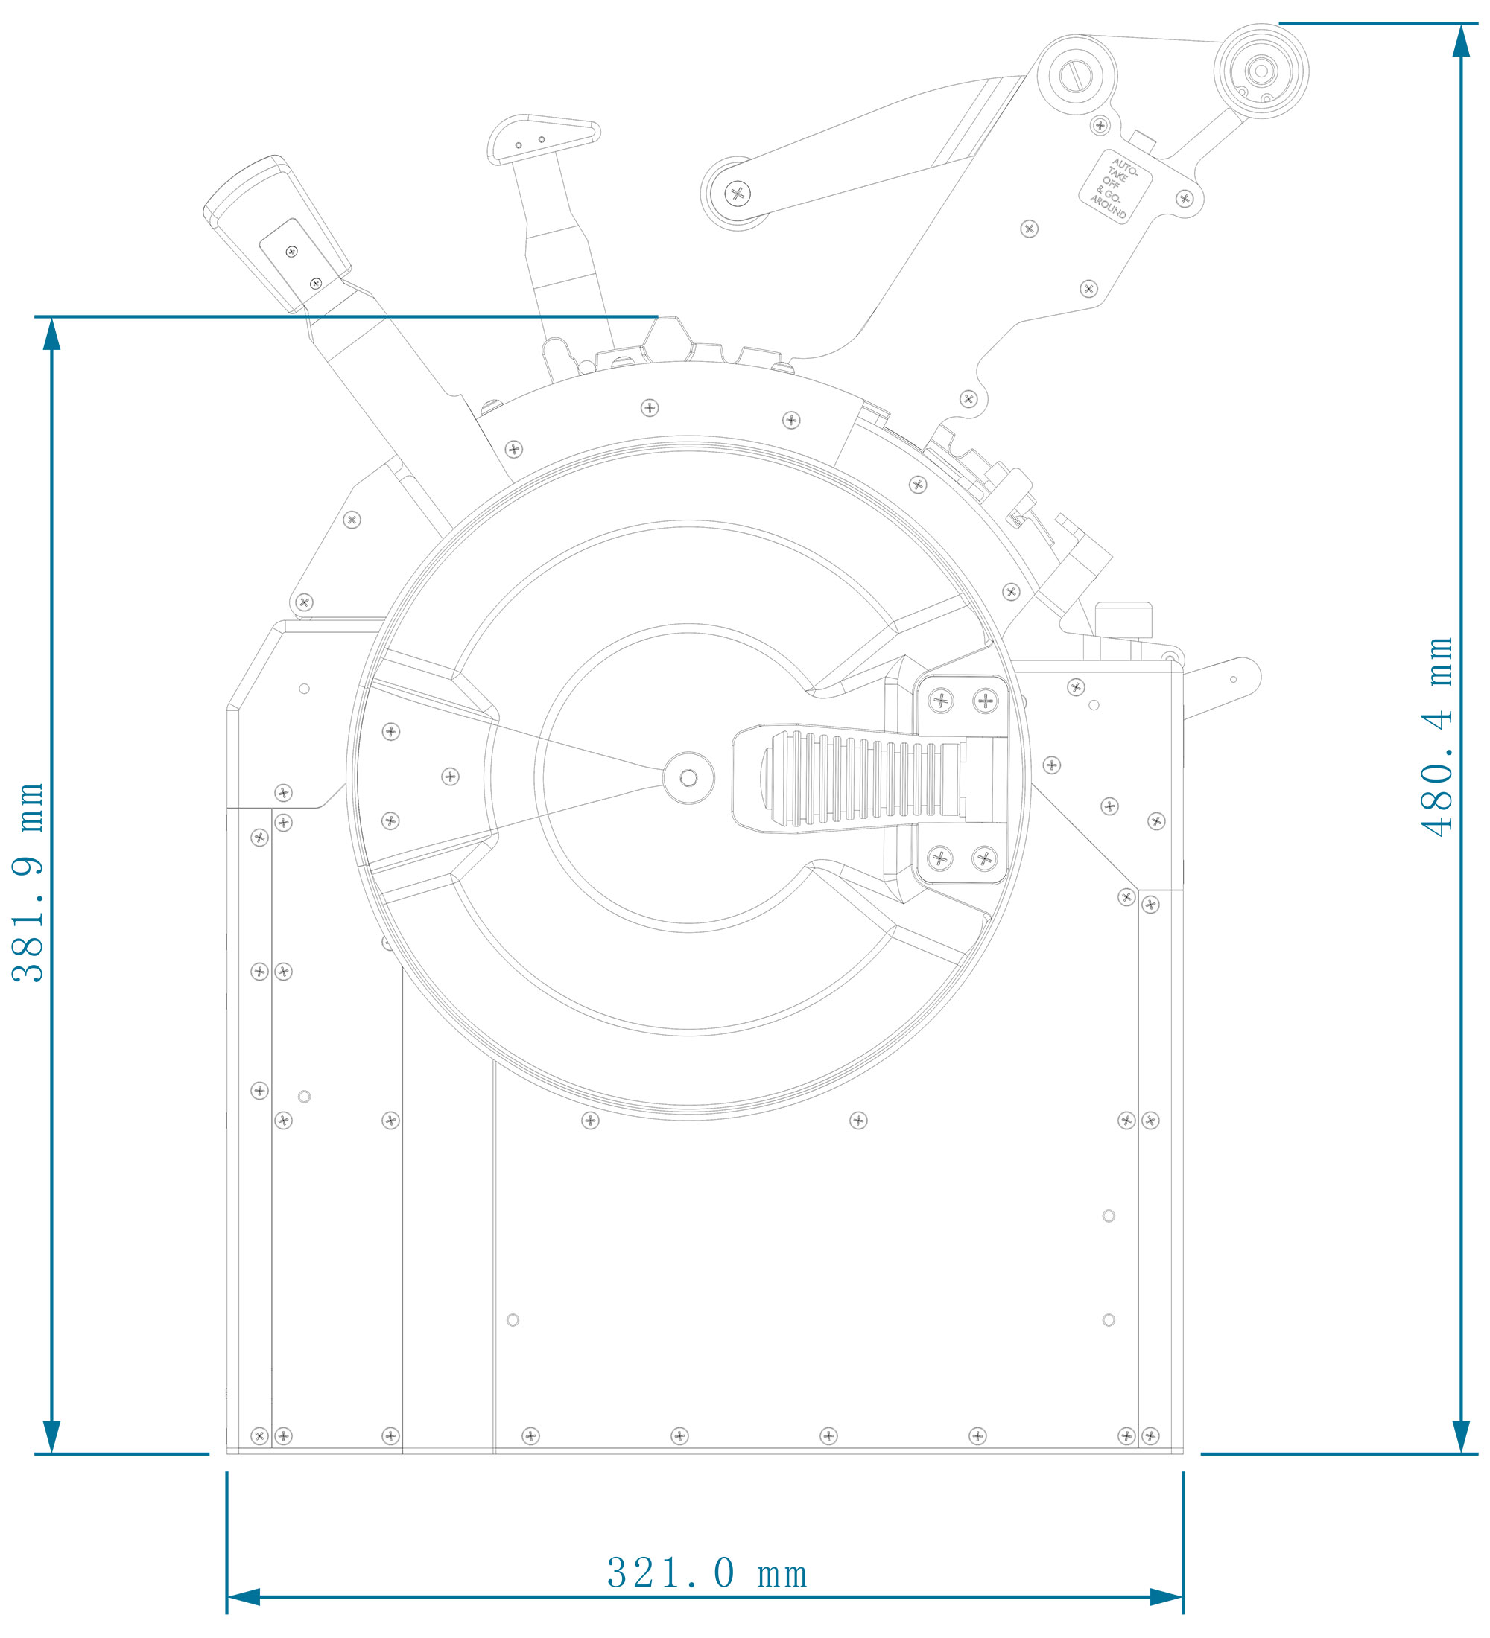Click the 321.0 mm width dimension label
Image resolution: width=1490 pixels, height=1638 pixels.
coord(706,1573)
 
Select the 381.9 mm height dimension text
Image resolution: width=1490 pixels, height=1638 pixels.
coord(29,882)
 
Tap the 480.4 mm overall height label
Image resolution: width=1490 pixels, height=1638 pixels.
coord(1437,736)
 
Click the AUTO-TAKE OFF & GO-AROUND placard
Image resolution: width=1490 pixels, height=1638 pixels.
coord(1115,187)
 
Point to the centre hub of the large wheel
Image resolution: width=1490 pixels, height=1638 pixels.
coord(688,778)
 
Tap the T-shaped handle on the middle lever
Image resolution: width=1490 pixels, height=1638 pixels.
coord(543,139)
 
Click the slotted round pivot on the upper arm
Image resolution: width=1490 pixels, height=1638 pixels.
coord(1077,75)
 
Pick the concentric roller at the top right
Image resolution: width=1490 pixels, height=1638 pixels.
coord(1261,71)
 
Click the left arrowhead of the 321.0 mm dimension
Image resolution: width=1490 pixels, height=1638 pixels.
coord(243,1597)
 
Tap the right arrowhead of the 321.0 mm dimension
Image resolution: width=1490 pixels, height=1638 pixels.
coord(1167,1597)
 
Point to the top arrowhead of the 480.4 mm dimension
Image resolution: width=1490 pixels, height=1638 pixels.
coord(1461,41)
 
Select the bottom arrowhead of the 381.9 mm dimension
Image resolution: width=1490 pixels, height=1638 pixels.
coord(52,1436)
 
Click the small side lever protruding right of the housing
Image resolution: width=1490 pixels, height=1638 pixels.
coord(1223,687)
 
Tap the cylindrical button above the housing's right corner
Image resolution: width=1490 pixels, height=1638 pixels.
coord(1123,620)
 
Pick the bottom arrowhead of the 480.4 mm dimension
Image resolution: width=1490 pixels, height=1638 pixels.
coord(1461,1436)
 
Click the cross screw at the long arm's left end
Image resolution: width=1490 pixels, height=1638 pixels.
coord(738,194)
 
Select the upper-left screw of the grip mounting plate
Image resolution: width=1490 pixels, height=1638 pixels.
coord(940,700)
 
